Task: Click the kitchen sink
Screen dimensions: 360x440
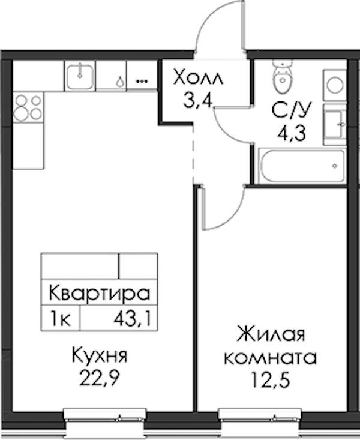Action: [80, 76]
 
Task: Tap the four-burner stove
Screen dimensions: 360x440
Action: [28, 107]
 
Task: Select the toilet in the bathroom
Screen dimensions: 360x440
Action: [281, 77]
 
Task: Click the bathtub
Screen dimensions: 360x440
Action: [302, 166]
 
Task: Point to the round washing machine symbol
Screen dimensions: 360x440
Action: [335, 85]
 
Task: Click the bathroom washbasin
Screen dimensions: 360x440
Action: [335, 125]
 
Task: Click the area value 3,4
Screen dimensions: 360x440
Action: [198, 100]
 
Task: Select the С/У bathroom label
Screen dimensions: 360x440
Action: [292, 110]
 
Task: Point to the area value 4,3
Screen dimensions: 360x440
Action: [292, 133]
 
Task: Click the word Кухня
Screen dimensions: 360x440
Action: [100, 355]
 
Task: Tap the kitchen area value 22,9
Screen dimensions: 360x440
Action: [100, 378]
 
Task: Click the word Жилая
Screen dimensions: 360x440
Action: [271, 334]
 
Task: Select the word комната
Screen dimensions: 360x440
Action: [271, 357]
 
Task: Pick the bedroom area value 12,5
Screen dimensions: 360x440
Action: [271, 379]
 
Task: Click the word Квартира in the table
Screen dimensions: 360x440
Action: [100, 293]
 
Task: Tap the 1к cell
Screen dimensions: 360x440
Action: [60, 319]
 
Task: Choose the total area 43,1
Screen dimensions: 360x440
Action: [133, 319]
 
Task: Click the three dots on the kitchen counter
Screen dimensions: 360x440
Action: [142, 82]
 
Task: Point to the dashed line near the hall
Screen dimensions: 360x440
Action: [193, 154]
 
